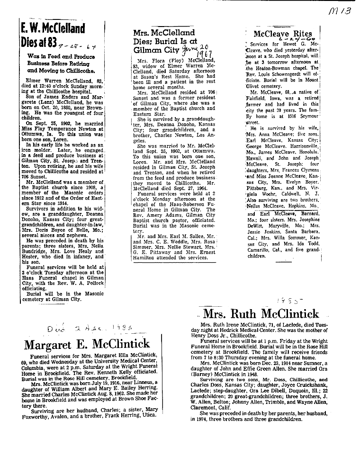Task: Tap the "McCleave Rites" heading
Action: pyautogui.click(x=283, y=34)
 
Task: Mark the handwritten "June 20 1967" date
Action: pyautogui.click(x=200, y=47)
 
